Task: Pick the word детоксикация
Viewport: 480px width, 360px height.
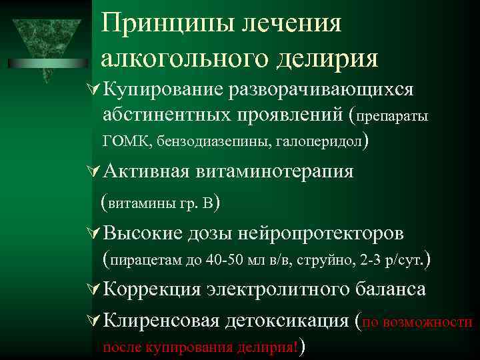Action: coord(288,321)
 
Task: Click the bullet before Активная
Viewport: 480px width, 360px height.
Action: coord(95,171)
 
